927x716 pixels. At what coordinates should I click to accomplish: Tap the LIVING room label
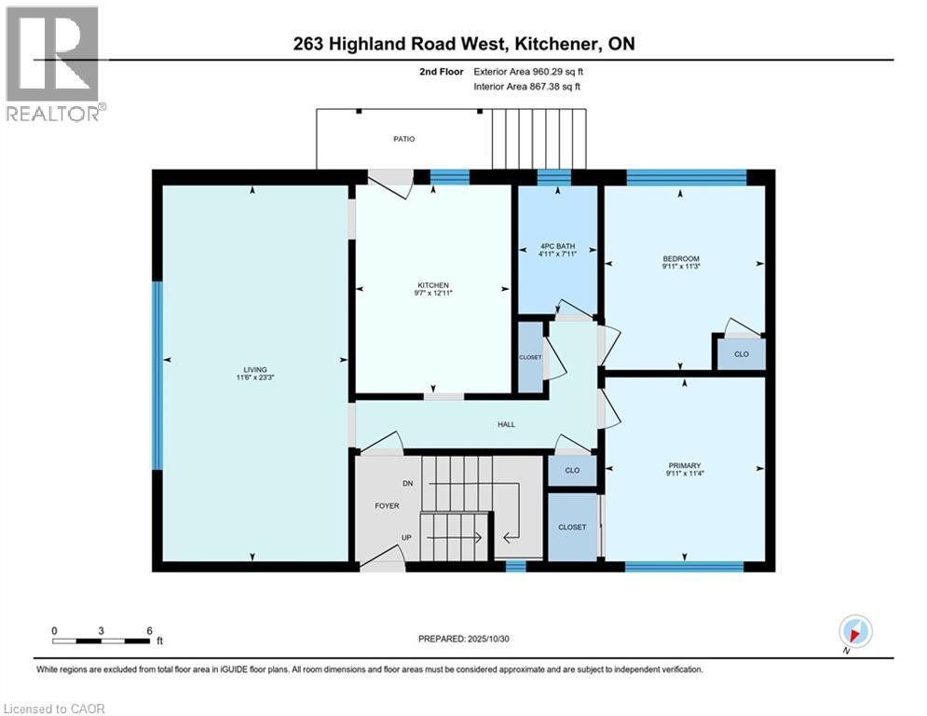(x=253, y=369)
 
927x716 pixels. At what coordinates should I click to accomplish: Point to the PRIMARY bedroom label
(x=684, y=465)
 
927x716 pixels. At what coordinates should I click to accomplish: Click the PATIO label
(x=402, y=139)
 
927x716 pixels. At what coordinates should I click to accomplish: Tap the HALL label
(x=506, y=424)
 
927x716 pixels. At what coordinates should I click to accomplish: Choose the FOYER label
(x=387, y=506)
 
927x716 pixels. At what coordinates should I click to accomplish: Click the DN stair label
(x=407, y=484)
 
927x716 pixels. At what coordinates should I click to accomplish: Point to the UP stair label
(x=407, y=538)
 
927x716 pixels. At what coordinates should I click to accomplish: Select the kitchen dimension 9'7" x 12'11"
(x=433, y=295)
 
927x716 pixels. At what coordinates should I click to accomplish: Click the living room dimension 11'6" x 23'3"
(x=253, y=379)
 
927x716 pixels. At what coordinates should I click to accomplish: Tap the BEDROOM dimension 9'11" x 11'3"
(x=680, y=268)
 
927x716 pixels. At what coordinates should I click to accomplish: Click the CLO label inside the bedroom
(x=741, y=354)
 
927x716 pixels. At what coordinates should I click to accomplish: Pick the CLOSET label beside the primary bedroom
(x=572, y=527)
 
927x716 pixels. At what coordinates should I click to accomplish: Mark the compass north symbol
(x=854, y=631)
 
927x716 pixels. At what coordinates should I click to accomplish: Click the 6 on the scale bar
(x=149, y=630)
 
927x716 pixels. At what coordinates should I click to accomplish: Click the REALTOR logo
(x=53, y=63)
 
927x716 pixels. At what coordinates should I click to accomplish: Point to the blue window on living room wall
(x=157, y=375)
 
